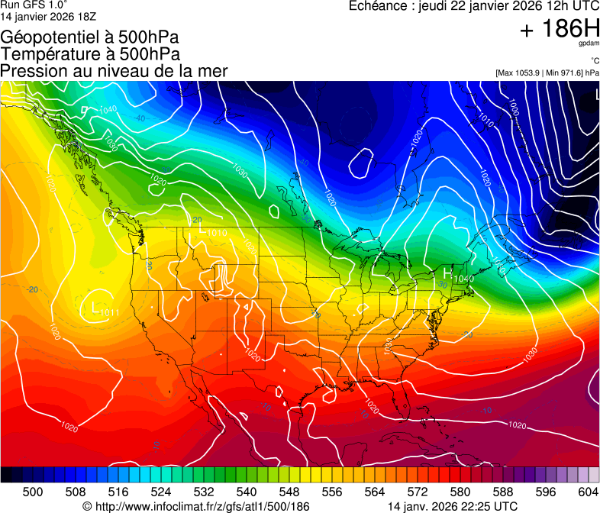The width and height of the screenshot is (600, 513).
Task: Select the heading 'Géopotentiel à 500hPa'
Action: (x=89, y=37)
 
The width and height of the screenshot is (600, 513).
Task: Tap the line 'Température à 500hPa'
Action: (x=90, y=54)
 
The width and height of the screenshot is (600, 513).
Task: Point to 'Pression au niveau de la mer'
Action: (x=114, y=71)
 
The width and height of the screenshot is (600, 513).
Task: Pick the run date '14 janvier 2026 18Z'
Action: (x=48, y=15)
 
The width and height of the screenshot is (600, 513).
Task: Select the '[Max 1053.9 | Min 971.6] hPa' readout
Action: (x=547, y=73)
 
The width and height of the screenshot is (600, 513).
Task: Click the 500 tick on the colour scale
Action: (x=33, y=492)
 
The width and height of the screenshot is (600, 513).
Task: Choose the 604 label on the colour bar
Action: (x=588, y=492)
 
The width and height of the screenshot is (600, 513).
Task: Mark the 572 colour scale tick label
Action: (x=417, y=492)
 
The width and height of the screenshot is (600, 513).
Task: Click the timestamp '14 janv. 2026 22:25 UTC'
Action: (x=452, y=506)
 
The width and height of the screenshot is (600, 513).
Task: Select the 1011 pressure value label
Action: (x=110, y=311)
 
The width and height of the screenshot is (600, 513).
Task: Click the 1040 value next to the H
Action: (x=463, y=279)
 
